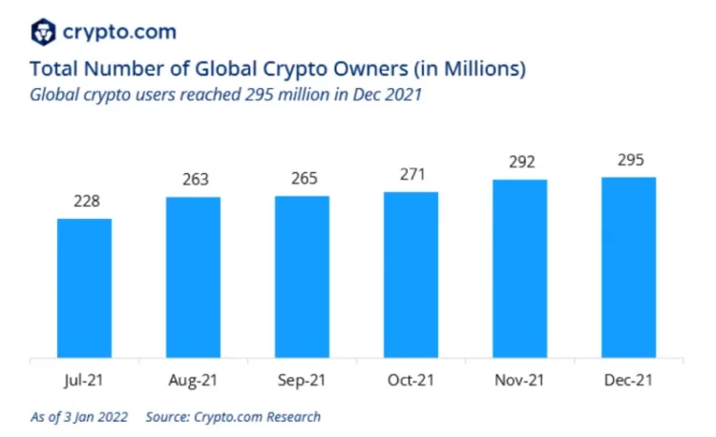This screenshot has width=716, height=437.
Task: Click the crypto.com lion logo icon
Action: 41,32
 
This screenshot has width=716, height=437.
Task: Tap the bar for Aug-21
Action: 193,277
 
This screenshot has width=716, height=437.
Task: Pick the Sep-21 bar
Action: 302,277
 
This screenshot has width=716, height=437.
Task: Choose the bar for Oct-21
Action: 411,275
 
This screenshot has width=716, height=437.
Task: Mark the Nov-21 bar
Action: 519,269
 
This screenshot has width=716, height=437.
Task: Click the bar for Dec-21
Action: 628,268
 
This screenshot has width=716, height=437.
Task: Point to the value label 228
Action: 85,202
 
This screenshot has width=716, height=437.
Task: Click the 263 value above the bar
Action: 194,181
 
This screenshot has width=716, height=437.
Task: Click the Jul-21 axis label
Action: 85,381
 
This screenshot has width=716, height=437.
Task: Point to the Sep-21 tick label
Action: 302,381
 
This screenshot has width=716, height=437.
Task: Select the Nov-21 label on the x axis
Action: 519,381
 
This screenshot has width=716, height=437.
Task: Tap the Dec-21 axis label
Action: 628,381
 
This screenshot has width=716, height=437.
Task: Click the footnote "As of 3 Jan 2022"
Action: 80,417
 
